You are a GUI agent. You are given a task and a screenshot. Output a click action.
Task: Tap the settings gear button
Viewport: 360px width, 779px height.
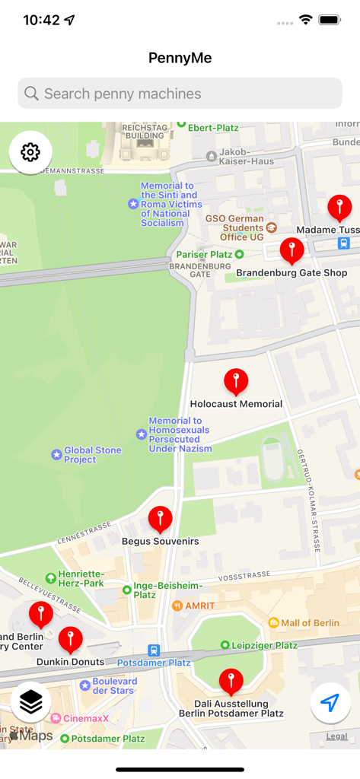[30, 152]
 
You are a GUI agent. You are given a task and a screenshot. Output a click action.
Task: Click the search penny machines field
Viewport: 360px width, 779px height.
[180, 94]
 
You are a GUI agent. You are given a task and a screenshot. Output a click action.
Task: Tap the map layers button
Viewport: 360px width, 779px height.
[30, 703]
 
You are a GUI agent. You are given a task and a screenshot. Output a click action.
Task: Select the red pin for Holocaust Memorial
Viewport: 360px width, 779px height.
[236, 380]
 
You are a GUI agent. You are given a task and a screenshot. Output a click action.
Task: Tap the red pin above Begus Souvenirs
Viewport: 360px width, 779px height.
[160, 519]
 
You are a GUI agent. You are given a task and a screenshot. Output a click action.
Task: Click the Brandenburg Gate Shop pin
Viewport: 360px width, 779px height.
[292, 250]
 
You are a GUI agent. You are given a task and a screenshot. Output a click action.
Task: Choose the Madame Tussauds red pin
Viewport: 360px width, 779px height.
[339, 206]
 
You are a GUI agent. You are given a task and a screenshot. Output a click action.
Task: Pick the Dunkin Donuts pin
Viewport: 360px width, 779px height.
[70, 639]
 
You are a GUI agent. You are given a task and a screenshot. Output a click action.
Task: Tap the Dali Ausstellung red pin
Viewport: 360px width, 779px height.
[231, 681]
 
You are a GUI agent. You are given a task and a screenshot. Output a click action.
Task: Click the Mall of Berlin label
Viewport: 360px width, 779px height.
[310, 623]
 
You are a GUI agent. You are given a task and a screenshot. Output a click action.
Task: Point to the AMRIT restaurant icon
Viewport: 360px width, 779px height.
[177, 606]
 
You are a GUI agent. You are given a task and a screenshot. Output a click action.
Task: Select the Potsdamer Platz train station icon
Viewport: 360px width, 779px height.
[155, 650]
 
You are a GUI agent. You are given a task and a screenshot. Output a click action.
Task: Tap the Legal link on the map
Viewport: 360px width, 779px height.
[336, 736]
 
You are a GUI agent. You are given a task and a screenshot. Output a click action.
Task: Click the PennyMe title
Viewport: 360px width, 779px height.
[180, 58]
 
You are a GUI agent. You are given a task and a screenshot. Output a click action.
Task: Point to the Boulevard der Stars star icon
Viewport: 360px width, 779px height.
[84, 685]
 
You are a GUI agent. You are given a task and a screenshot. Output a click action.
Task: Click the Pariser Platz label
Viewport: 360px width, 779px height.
[204, 254]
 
